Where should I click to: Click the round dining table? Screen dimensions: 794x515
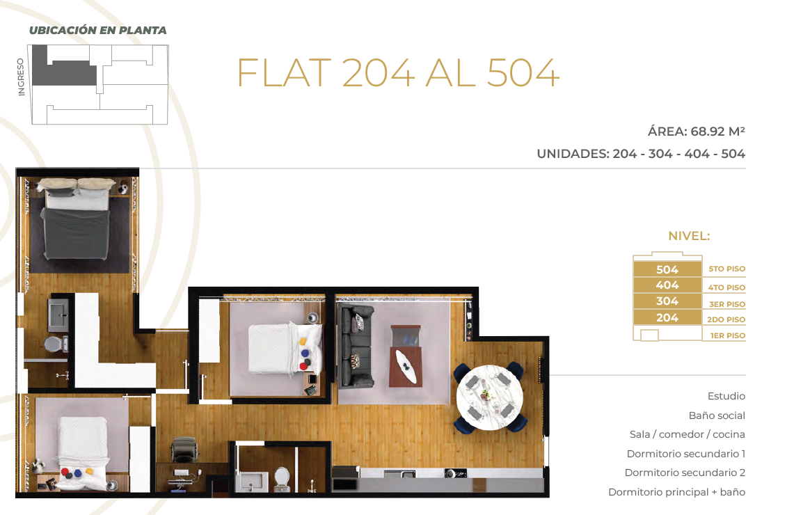[490, 397]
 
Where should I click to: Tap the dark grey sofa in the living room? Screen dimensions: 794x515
[356, 347]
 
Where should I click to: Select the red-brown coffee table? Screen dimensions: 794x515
[405, 356]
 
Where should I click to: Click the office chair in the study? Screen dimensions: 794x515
[183, 449]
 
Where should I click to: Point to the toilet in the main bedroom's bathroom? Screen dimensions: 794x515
[55, 344]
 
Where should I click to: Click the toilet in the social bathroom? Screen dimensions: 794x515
[282, 479]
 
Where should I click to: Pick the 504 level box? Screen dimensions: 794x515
[667, 269]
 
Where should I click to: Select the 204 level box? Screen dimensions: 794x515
[667, 317]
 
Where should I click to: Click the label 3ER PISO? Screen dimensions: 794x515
[726, 304]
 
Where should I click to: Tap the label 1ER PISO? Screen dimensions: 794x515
[728, 335]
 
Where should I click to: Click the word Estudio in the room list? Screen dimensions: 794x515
[726, 396]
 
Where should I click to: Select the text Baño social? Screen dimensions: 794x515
[717, 415]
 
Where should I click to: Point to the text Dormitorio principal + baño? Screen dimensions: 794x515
[676, 492]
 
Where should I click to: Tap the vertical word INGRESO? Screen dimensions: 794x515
[21, 77]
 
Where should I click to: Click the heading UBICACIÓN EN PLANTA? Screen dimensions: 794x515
[97, 31]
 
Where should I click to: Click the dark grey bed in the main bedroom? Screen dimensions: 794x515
[77, 219]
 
